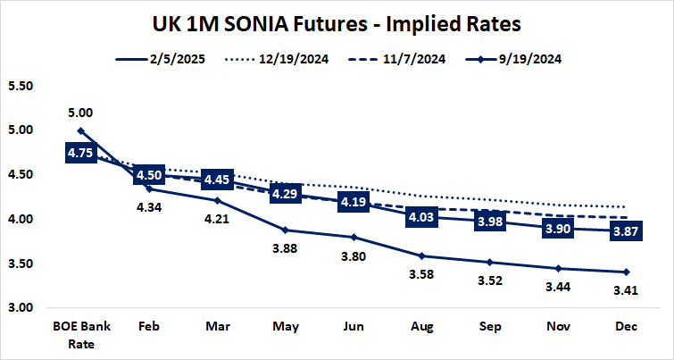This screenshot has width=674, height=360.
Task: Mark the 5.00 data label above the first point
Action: [81, 113]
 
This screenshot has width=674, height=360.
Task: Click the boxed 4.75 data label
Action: [81, 153]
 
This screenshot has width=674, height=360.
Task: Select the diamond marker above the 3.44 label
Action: [558, 268]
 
